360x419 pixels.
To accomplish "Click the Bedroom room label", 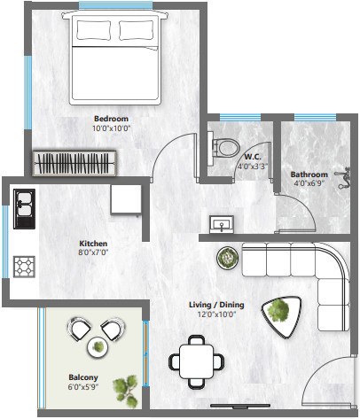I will coord(111,118).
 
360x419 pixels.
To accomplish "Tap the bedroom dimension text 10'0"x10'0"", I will coord(111,128).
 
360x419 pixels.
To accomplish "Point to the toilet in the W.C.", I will coord(224,146).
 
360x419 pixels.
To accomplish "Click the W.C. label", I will coord(251,156).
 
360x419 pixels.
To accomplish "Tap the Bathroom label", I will coord(309,175).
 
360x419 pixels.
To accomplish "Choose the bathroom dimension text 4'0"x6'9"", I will coord(309,184).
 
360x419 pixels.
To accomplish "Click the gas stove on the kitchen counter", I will coord(23,264).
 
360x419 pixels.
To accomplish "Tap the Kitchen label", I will coord(93,242).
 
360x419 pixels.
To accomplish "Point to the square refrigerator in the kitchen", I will coord(126,198).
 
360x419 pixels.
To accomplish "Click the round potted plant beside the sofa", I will coord(226,258).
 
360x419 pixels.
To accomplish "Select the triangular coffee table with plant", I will coord(278,311).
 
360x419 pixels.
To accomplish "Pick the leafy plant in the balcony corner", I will coord(128,385).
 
